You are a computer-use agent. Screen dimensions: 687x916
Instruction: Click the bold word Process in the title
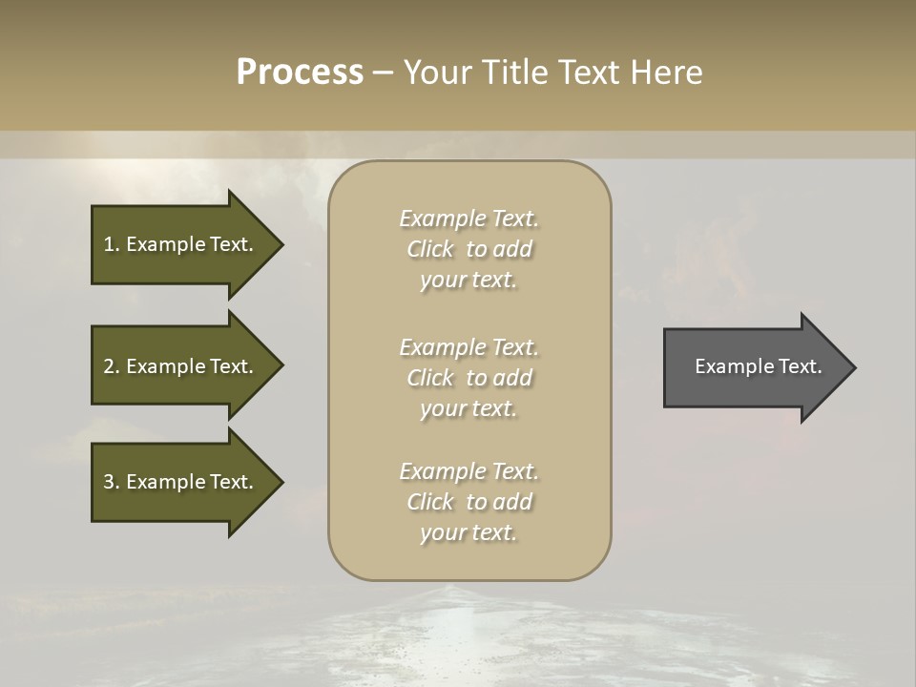click(300, 73)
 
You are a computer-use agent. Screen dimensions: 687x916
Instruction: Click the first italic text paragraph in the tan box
click(468, 249)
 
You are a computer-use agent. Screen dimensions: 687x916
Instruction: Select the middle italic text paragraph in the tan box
click(468, 378)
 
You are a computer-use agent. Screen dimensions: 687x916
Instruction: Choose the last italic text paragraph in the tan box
click(468, 502)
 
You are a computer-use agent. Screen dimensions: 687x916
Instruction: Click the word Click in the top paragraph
click(430, 250)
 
